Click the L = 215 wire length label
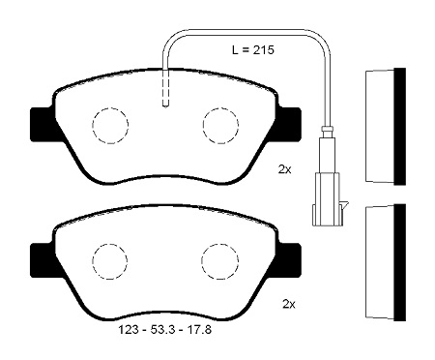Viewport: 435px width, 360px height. [x=253, y=50]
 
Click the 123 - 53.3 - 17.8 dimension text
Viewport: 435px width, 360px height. [x=165, y=330]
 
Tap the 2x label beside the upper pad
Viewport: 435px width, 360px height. [x=284, y=169]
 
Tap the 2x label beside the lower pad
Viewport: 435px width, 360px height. [x=289, y=304]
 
